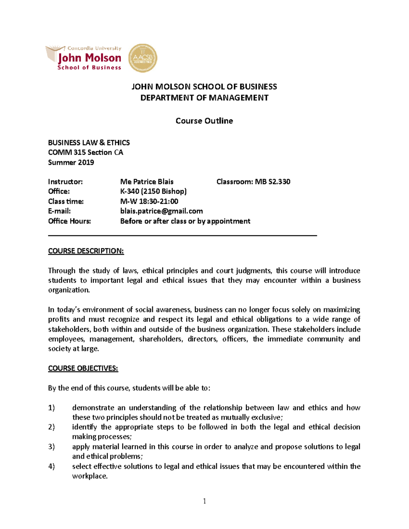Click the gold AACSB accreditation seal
[143, 58]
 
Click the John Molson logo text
[90, 58]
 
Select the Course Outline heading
[204, 121]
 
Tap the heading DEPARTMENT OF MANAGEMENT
[204, 98]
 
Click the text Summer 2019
[71, 162]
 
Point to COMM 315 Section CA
[86, 152]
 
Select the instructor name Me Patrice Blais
[147, 182]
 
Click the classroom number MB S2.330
[272, 182]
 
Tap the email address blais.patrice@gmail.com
[162, 211]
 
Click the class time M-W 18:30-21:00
[149, 201]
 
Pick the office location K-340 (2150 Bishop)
[153, 191]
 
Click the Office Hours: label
[70, 221]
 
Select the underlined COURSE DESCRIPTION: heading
[86, 251]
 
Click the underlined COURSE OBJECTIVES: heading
[83, 368]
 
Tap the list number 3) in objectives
[51, 447]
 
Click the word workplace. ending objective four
[90, 476]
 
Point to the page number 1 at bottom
[204, 501]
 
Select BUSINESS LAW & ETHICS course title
[89, 143]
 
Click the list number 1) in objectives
[51, 408]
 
